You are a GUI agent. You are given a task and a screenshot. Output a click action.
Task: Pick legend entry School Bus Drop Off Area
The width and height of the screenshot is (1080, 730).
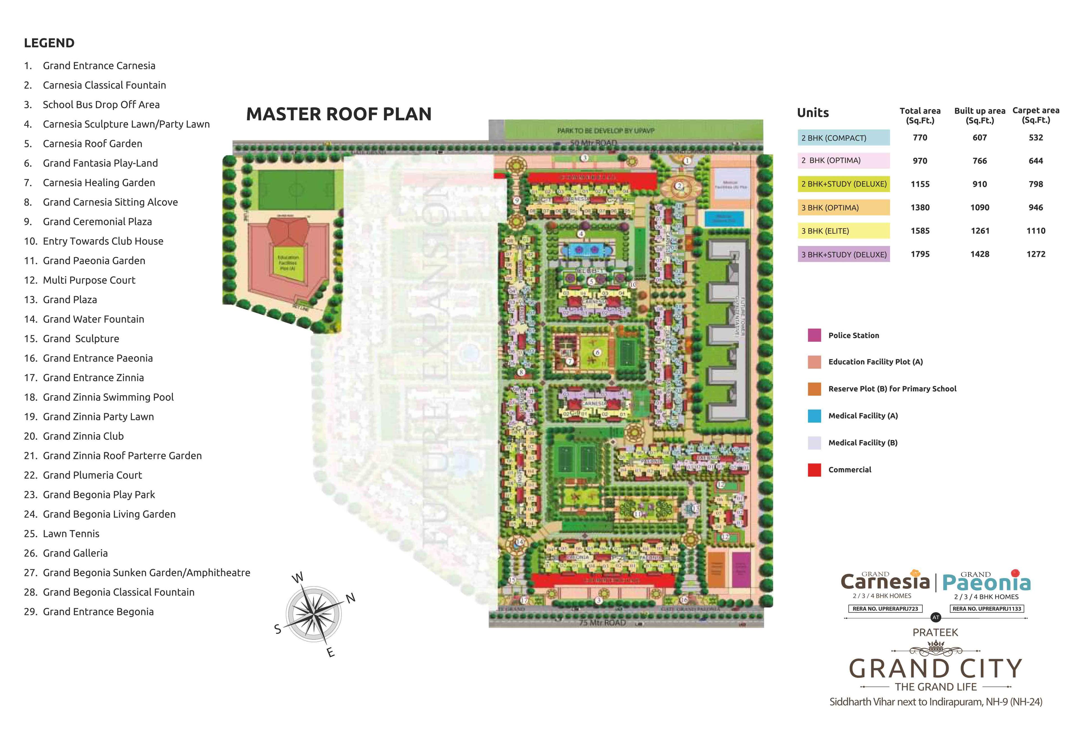point(101,105)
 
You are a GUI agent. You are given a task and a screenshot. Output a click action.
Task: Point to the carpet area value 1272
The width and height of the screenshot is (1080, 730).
point(1035,254)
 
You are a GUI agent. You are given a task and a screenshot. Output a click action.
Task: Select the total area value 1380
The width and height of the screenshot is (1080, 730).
point(920,207)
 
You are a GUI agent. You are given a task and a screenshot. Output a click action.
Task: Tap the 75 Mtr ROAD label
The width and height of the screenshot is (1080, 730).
point(602,623)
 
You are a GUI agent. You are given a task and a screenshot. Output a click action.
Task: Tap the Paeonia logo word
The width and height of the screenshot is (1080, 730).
point(986,583)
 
